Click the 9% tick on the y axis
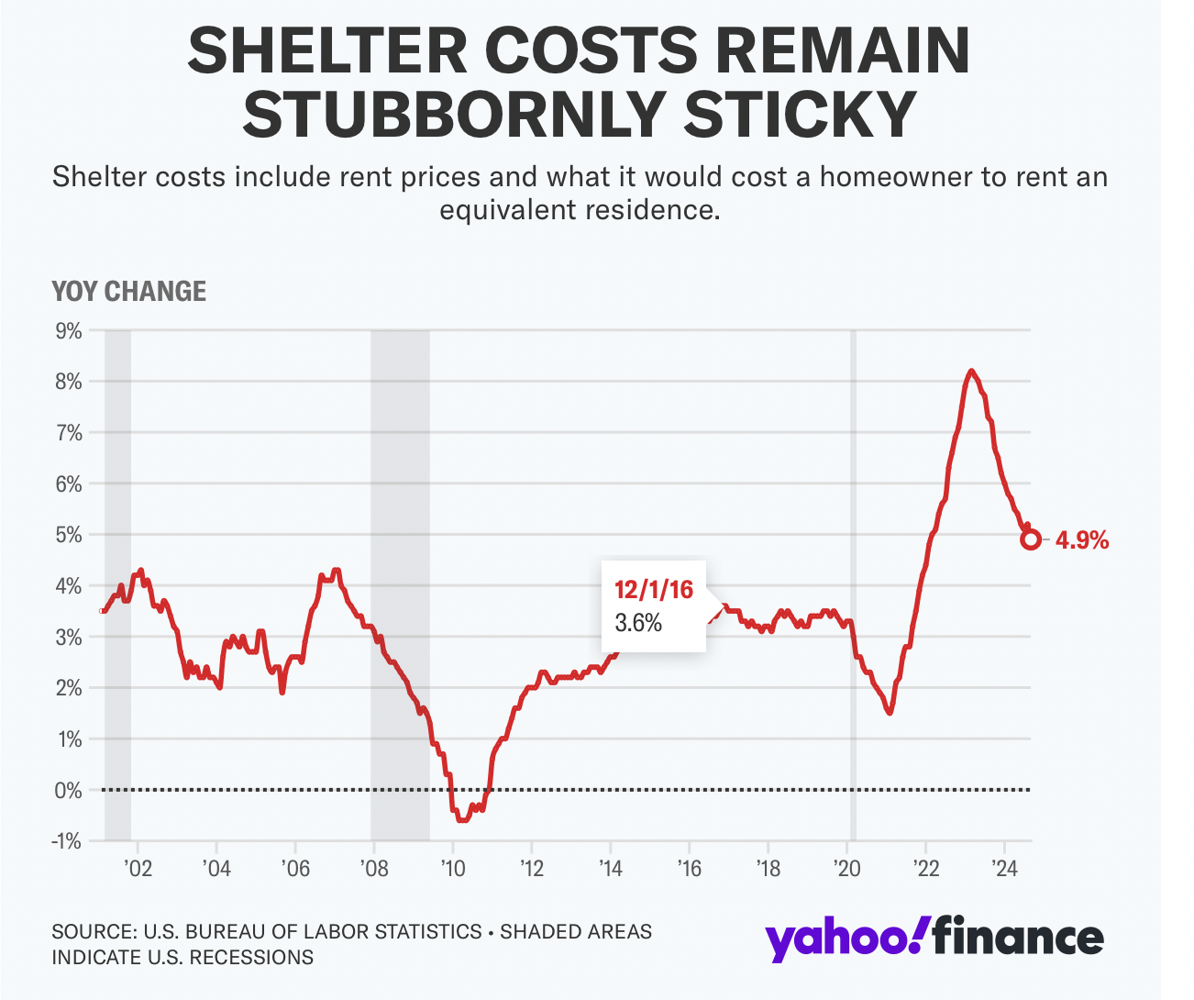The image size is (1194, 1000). coord(69,330)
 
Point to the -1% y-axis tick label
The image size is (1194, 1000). coord(67,841)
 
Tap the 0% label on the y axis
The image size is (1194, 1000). coord(69,790)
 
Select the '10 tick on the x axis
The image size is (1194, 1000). coord(452,868)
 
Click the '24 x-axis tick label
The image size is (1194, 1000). coord(1004,868)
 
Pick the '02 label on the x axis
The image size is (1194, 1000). coord(138,868)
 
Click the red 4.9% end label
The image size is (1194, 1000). coord(1082,540)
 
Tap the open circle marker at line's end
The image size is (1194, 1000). coord(1031,539)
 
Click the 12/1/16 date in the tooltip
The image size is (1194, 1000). coord(654,589)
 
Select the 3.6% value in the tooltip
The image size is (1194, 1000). coord(637,623)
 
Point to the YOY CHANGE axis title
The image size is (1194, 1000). coord(129,292)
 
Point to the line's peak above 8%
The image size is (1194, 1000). coord(971,372)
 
